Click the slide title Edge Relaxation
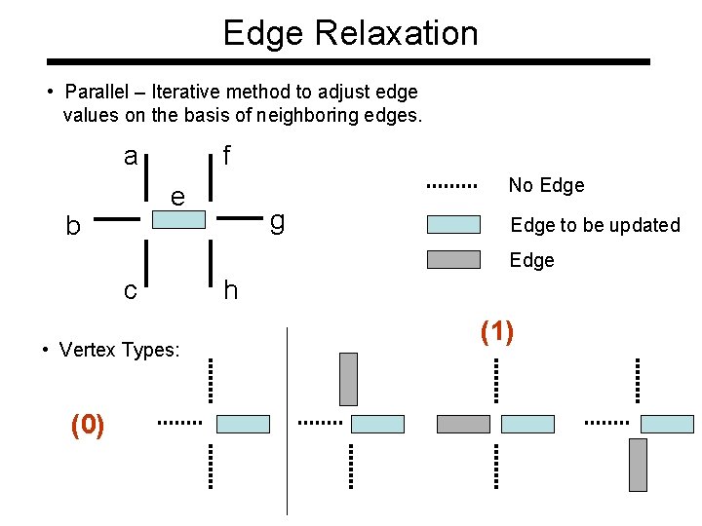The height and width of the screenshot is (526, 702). pyautogui.click(x=351, y=33)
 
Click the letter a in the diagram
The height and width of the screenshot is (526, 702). pyautogui.click(x=131, y=156)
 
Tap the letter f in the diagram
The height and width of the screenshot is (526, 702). pyautogui.click(x=226, y=156)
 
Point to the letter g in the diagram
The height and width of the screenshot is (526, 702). pyautogui.click(x=277, y=223)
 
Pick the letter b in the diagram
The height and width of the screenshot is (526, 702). pyautogui.click(x=72, y=226)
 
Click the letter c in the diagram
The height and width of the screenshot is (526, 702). pyautogui.click(x=130, y=289)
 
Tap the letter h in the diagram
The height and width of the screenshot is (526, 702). pyautogui.click(x=229, y=289)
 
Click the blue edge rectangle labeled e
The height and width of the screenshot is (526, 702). pyautogui.click(x=179, y=220)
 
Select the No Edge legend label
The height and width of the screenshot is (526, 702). pyautogui.click(x=546, y=185)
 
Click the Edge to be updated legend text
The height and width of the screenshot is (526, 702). pyautogui.click(x=595, y=225)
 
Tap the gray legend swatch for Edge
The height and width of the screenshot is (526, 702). pyautogui.click(x=453, y=259)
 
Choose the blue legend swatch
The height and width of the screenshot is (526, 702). pyautogui.click(x=453, y=225)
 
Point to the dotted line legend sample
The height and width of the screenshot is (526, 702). pyautogui.click(x=451, y=185)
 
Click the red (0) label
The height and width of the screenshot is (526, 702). pyautogui.click(x=88, y=425)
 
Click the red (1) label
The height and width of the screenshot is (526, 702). pyautogui.click(x=497, y=332)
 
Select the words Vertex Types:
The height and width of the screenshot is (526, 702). pyautogui.click(x=119, y=350)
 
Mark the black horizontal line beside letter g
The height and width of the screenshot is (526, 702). pyautogui.click(x=238, y=220)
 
